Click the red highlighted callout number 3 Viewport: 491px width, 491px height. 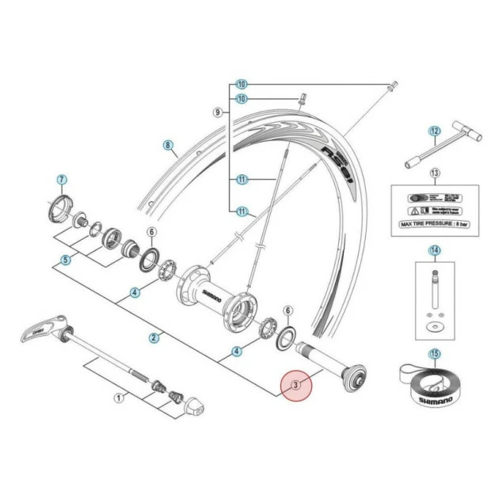(x=296, y=386)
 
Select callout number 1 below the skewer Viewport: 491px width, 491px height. (x=120, y=398)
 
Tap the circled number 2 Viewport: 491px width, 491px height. (x=154, y=338)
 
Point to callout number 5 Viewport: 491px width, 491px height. (x=67, y=259)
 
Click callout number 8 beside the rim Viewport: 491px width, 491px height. (x=168, y=145)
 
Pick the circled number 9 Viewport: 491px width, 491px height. (x=217, y=113)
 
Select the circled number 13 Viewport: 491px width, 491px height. (x=434, y=173)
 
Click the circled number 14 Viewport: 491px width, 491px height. (x=434, y=251)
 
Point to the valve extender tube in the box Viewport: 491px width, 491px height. (x=433, y=289)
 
